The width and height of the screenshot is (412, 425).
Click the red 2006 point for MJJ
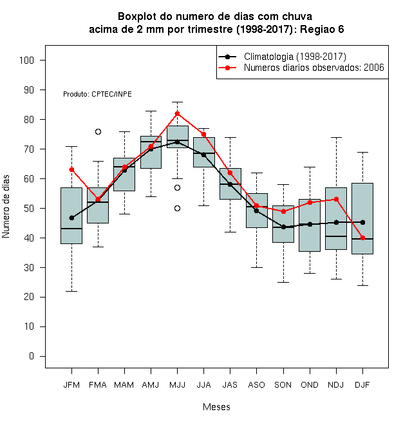pyautogui.click(x=177, y=113)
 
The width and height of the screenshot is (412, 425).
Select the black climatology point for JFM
pyautogui.click(x=72, y=218)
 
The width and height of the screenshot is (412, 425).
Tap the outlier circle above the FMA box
pyautogui.click(x=98, y=132)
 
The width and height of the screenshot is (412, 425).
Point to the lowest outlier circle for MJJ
pyautogui.click(x=177, y=209)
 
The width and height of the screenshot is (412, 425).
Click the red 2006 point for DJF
pyautogui.click(x=362, y=238)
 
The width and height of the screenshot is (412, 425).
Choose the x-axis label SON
pyautogui.click(x=283, y=385)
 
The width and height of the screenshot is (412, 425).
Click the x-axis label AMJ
pyautogui.click(x=151, y=385)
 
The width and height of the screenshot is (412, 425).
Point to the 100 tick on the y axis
pyautogui.click(x=42, y=60)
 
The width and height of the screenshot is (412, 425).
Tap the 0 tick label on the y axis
pyautogui.click(x=32, y=356)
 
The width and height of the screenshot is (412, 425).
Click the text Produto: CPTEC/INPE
pyautogui.click(x=98, y=94)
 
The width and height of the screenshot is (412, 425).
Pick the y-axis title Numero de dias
pyautogui.click(x=6, y=207)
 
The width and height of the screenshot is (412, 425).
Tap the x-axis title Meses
pyautogui.click(x=216, y=407)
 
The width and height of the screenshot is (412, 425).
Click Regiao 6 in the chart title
pyautogui.click(x=322, y=29)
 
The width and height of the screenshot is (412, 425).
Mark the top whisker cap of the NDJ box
pyautogui.click(x=337, y=138)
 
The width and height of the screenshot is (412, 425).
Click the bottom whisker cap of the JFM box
pyautogui.click(x=72, y=291)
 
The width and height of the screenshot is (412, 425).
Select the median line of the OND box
pyautogui.click(x=310, y=201)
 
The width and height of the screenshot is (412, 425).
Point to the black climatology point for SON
pyautogui.click(x=283, y=227)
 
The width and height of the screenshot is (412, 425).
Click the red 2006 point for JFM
pyautogui.click(x=72, y=170)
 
